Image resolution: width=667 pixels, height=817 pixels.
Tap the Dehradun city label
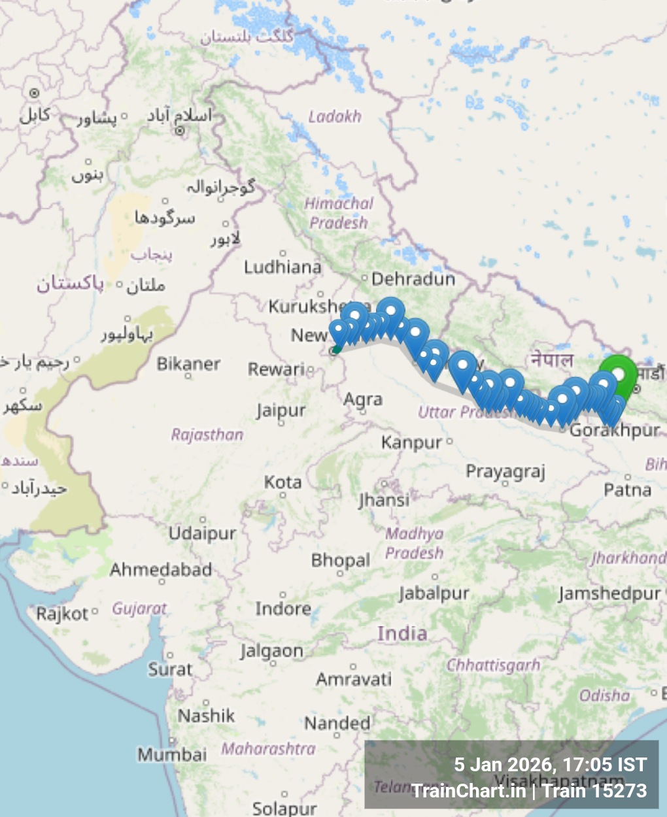pos(413,279)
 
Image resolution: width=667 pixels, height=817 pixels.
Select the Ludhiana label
pos(282,267)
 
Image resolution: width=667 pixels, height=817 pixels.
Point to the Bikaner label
pos(188,364)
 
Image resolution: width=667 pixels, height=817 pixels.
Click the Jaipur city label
pos(281,411)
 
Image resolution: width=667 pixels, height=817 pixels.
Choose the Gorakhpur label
pos(615,430)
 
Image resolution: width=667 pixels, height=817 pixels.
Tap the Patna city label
pos(627,490)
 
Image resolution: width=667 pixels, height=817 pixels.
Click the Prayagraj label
pos(505,472)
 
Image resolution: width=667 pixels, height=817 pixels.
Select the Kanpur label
pos(412,442)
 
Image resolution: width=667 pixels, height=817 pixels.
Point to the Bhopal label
pos(340,560)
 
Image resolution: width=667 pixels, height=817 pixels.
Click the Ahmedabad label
pos(161,570)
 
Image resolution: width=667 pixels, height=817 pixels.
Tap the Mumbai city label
pos(171,754)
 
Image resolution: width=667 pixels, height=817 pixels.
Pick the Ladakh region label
pos(334,117)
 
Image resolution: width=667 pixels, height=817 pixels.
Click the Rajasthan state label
pos(207,435)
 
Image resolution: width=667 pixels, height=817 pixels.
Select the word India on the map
pos(402,633)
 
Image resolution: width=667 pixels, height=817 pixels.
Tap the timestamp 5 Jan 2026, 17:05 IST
pos(550,765)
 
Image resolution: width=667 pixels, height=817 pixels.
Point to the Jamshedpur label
pos(609,593)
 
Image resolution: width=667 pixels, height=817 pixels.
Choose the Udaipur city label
pos(202,533)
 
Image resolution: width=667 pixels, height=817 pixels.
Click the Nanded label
pos(337,723)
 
